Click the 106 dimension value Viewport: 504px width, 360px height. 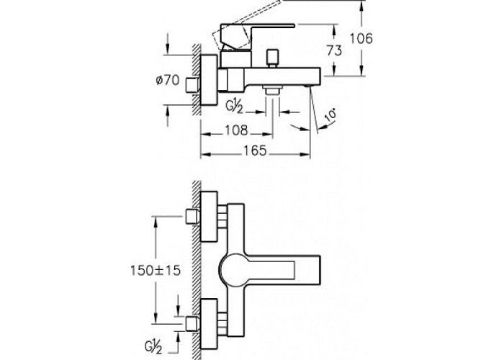click(361, 39)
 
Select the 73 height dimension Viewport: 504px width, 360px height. click(334, 50)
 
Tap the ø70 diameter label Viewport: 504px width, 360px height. click(168, 80)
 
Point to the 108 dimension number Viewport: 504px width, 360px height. click(236, 130)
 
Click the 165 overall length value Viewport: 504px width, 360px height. click(255, 150)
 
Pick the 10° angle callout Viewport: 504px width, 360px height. click(330, 115)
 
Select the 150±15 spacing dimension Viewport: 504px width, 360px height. click(156, 270)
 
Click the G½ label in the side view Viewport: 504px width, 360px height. click(234, 107)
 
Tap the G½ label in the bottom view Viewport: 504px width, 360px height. click(153, 348)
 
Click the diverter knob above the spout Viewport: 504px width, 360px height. click(273, 58)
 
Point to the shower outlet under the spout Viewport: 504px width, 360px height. click(272, 90)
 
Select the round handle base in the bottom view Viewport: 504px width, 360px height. click(233, 270)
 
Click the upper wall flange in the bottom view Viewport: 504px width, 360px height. click(209, 217)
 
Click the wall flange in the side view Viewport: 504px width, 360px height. click(209, 80)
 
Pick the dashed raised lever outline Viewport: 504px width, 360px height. click(246, 27)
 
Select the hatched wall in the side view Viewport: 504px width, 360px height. click(197, 80)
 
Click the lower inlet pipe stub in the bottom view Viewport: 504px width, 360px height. click(192, 324)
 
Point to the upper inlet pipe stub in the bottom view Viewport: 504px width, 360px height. click(192, 217)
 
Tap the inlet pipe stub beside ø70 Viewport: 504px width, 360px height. click(192, 85)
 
